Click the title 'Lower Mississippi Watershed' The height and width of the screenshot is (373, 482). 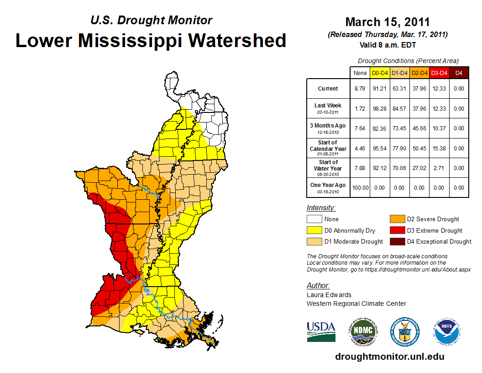[151, 40]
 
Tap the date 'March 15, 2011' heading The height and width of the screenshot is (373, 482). [388, 22]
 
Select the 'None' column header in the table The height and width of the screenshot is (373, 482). [360, 73]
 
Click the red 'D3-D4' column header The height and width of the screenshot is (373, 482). [439, 73]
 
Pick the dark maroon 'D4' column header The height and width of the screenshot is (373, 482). [459, 73]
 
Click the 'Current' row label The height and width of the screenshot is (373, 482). [328, 89]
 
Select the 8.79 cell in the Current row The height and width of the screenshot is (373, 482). [360, 89]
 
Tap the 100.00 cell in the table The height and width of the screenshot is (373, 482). [360, 187]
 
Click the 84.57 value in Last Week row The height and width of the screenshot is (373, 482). [399, 109]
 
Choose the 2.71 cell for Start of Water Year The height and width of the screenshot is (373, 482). [439, 168]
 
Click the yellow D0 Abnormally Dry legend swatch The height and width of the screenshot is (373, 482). [314, 230]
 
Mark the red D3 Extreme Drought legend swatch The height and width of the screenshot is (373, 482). [397, 230]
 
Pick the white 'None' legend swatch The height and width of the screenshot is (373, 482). [314, 219]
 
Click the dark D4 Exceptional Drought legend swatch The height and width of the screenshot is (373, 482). [397, 241]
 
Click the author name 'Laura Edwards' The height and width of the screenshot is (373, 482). [329, 295]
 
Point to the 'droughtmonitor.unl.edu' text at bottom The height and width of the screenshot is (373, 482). [389, 357]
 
